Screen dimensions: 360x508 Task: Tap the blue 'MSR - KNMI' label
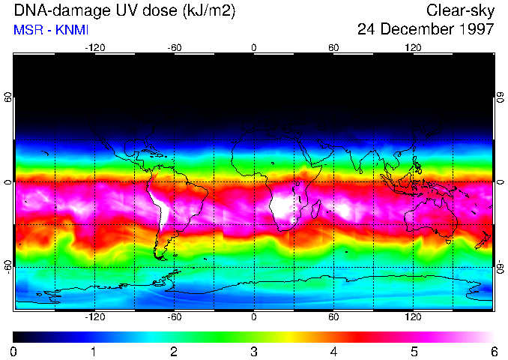(51, 31)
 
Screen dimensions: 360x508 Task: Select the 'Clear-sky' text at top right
(460, 11)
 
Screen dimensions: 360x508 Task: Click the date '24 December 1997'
(426, 30)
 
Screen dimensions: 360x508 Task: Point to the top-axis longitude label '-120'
(94, 48)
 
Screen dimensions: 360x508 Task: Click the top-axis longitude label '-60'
(174, 48)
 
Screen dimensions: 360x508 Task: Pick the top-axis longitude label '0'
(254, 48)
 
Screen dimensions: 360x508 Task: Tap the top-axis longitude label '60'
(333, 48)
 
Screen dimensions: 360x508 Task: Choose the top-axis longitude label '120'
(413, 48)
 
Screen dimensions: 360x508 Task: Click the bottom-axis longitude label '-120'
(94, 317)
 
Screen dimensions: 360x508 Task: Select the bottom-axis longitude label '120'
(413, 317)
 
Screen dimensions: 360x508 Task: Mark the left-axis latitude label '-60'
(7, 267)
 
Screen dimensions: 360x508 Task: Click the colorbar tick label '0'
(14, 352)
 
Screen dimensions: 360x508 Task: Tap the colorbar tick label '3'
(254, 352)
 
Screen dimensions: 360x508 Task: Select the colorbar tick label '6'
(493, 352)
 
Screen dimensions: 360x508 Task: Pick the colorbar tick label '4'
(334, 352)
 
